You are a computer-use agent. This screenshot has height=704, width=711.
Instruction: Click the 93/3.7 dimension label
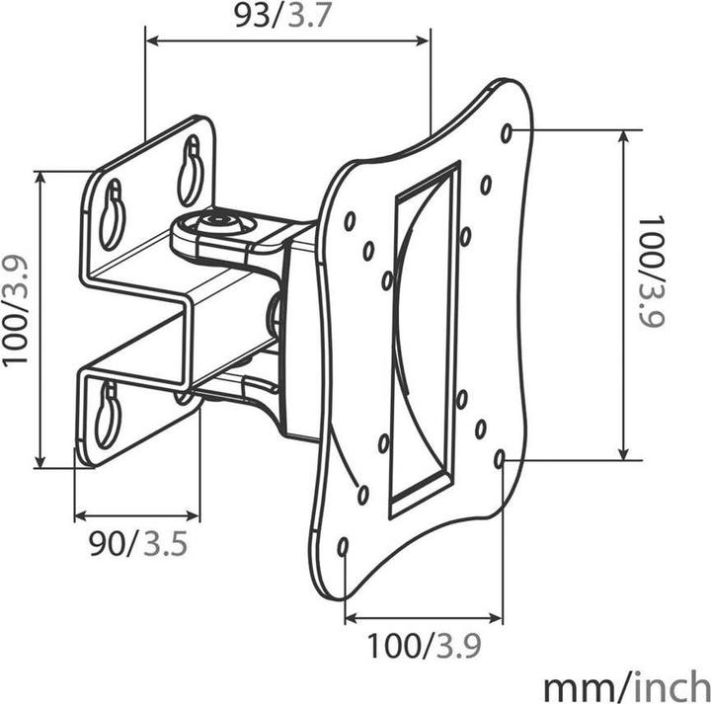tap(287, 17)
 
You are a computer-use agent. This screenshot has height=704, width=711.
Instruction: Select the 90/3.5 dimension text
tap(138, 543)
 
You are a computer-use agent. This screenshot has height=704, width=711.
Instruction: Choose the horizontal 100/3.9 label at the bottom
tap(425, 647)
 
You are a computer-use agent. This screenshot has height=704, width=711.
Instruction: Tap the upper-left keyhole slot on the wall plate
tap(113, 212)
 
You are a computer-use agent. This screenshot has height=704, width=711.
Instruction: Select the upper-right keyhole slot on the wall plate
tap(191, 170)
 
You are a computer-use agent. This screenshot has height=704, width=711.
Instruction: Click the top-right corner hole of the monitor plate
tap(507, 132)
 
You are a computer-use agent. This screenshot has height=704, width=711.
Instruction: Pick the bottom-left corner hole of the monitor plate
tap(343, 546)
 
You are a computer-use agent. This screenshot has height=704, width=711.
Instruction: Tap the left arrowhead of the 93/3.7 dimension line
tap(151, 40)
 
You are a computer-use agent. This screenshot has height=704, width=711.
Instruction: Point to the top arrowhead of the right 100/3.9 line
tap(624, 134)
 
